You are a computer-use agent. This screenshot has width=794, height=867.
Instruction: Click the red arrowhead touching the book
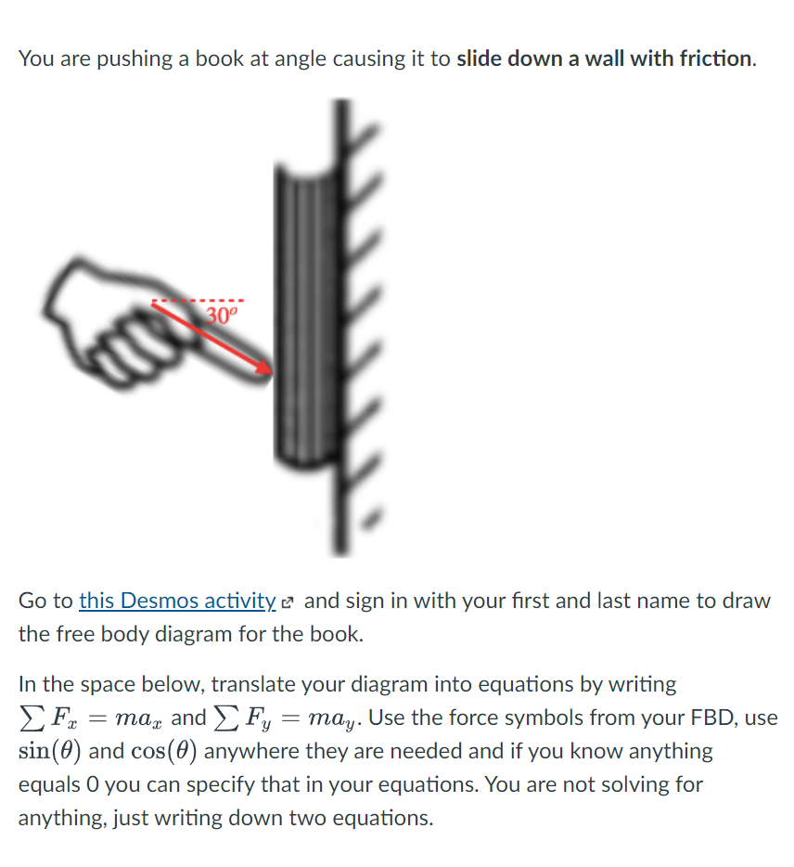pyautogui.click(x=266, y=369)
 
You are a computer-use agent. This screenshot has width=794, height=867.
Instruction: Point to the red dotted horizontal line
pyautogui.click(x=198, y=301)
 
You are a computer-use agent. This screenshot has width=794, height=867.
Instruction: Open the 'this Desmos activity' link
pyautogui.click(x=177, y=601)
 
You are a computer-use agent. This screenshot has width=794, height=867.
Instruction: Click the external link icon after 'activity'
pyautogui.click(x=288, y=602)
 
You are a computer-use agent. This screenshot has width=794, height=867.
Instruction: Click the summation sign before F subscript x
pyautogui.click(x=28, y=718)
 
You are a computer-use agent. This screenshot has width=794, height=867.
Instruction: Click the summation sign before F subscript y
pyautogui.click(x=222, y=718)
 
